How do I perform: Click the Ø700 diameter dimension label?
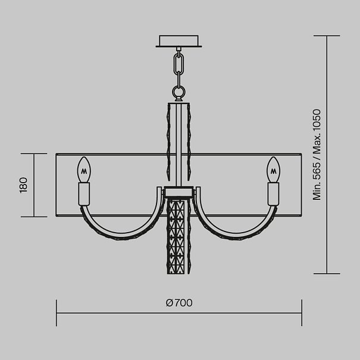pyautogui.click(x=179, y=303)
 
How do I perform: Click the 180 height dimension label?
pyautogui.click(x=24, y=185)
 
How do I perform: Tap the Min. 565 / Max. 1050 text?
pyautogui.click(x=317, y=155)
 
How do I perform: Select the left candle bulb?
pyautogui.click(x=84, y=170)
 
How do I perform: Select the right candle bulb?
pyautogui.click(x=274, y=170)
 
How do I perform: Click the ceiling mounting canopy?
pyautogui.click(x=179, y=41)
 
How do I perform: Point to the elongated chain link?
pyautogui.click(x=179, y=64)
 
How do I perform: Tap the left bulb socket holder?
pyautogui.click(x=84, y=194)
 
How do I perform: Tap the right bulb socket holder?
pyautogui.click(x=274, y=194)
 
